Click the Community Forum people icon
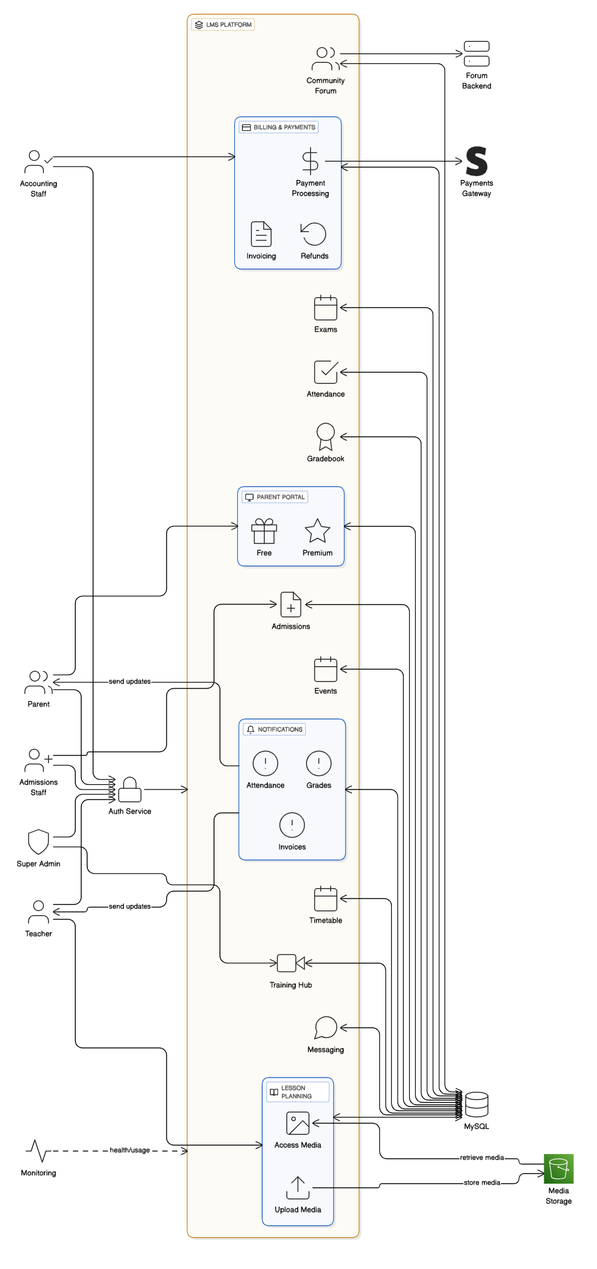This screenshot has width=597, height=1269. pos(325,59)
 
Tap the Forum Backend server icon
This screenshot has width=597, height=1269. pos(477,54)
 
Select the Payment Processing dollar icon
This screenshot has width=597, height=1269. pos(310,161)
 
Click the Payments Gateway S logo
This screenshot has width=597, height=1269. pos(477,161)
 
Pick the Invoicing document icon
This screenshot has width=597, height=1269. pos(261,234)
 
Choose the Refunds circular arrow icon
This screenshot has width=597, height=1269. pos(314,234)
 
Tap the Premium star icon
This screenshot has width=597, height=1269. pos(317,531)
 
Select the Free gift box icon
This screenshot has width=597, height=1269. pos(264,531)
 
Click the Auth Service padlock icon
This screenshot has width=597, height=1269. pos(130,789)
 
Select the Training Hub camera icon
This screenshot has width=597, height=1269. pos(290,963)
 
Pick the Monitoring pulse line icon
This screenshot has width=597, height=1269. pos(37,1151)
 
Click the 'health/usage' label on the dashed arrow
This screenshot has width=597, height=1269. pos(130,1150)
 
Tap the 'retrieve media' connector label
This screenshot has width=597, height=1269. pos(482,1158)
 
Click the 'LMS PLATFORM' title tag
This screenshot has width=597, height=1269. pos(224,25)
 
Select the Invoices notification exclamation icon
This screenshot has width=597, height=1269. pos(292,825)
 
